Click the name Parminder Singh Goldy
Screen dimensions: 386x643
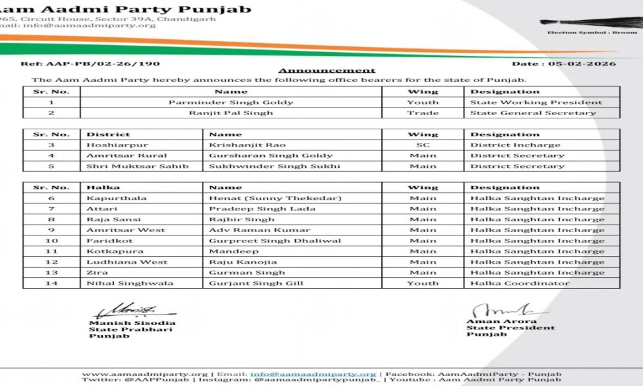[231, 102]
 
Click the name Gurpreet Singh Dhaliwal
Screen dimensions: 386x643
[275, 241]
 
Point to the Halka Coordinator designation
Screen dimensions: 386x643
[520, 283]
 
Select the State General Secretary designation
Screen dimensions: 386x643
[533, 113]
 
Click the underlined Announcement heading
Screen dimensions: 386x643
[327, 70]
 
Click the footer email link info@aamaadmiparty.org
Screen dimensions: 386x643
[313, 373]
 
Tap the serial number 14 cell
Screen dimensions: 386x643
[51, 283]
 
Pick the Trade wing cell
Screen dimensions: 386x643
[422, 113]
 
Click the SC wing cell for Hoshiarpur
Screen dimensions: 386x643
[422, 145]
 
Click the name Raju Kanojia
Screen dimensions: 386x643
[243, 262]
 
